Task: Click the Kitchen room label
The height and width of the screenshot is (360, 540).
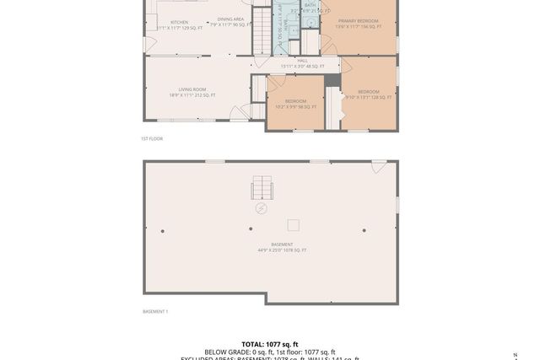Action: [180, 23]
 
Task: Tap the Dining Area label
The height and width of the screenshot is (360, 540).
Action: [230, 19]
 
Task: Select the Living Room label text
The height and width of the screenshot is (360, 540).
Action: [192, 89]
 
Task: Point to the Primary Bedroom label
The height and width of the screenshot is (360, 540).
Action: [358, 20]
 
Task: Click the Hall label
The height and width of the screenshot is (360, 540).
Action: [302, 61]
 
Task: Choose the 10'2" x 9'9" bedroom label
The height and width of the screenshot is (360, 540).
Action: [295, 101]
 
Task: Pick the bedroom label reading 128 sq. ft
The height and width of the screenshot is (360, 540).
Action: [369, 92]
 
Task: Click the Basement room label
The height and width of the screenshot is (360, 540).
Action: [282, 244]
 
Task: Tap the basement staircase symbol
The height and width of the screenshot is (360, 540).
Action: [262, 188]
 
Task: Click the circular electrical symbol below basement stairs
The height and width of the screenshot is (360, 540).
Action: [262, 207]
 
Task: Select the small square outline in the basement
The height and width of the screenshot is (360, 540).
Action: [294, 225]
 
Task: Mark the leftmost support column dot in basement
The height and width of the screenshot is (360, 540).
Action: [163, 231]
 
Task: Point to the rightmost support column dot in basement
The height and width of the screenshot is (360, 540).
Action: [364, 230]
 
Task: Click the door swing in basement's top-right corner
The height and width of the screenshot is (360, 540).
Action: [379, 166]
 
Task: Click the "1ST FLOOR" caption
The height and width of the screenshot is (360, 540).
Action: [152, 138]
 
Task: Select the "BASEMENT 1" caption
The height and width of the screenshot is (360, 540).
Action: [155, 312]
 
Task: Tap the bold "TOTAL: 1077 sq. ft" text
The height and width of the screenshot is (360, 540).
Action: [270, 344]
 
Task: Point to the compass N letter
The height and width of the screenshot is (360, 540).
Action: [516, 355]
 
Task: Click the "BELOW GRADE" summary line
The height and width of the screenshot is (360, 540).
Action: [270, 352]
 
